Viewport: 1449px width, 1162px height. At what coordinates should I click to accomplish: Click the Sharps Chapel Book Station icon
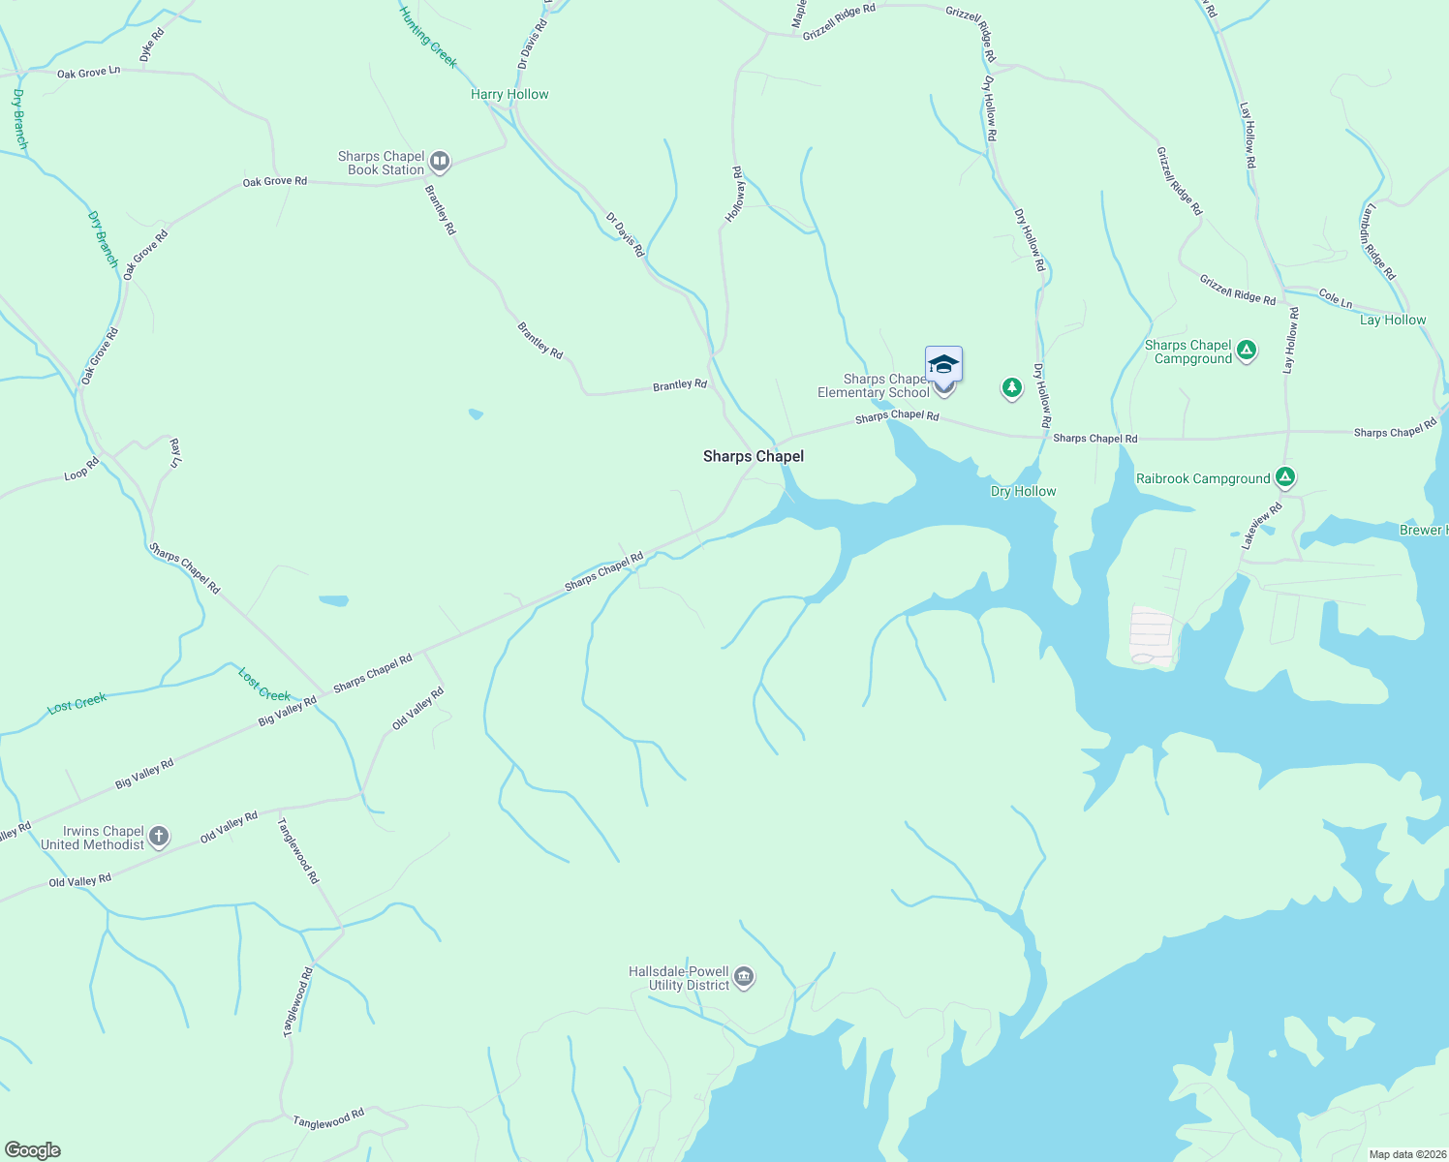click(x=440, y=162)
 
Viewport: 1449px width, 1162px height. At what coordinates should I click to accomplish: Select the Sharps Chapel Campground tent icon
click(x=1247, y=351)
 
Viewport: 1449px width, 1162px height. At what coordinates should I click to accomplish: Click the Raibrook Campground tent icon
click(x=1284, y=477)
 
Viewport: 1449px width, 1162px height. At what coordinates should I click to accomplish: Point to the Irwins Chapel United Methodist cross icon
click(x=159, y=837)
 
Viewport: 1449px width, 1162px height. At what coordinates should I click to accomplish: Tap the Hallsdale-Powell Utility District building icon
click(x=744, y=977)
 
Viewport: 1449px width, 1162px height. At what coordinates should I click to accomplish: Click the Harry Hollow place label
click(x=509, y=94)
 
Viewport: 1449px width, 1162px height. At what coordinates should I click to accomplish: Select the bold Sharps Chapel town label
click(x=753, y=456)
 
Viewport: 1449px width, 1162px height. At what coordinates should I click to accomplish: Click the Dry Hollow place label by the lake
click(x=1023, y=491)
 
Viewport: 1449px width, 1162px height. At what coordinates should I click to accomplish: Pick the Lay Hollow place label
click(x=1392, y=320)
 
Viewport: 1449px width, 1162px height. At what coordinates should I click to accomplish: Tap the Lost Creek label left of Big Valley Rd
click(x=77, y=703)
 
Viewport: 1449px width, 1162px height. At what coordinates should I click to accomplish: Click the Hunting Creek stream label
click(x=427, y=36)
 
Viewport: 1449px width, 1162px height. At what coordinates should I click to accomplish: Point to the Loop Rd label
click(x=81, y=469)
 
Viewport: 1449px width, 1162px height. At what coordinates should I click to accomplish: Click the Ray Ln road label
click(x=175, y=452)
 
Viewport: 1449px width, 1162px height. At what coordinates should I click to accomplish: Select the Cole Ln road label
click(x=1335, y=299)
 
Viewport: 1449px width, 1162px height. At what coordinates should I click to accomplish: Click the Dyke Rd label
click(x=152, y=46)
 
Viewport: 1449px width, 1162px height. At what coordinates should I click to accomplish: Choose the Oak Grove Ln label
click(x=88, y=73)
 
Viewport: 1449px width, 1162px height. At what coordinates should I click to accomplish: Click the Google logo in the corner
click(x=32, y=1150)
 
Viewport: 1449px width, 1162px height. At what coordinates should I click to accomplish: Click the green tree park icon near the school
click(x=1011, y=388)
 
